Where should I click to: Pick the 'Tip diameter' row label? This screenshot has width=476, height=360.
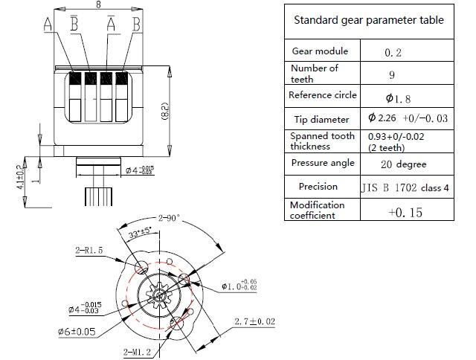coord(320,120)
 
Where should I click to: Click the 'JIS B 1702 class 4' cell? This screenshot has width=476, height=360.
coord(405,187)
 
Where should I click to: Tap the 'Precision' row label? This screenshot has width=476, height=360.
coord(318,187)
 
